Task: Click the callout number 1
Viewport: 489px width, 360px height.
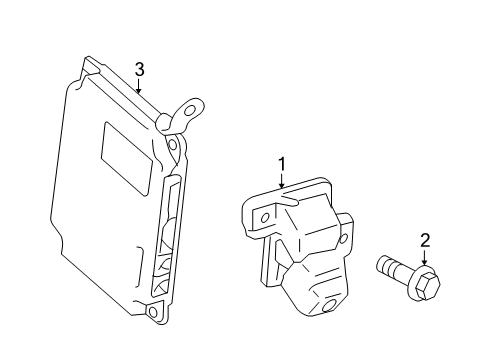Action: click(282, 162)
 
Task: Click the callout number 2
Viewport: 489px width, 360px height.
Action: click(425, 240)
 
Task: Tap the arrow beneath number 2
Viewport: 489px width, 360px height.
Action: click(425, 258)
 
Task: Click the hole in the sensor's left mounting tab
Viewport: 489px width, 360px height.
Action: click(263, 216)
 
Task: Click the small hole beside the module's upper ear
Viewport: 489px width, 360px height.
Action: click(172, 145)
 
